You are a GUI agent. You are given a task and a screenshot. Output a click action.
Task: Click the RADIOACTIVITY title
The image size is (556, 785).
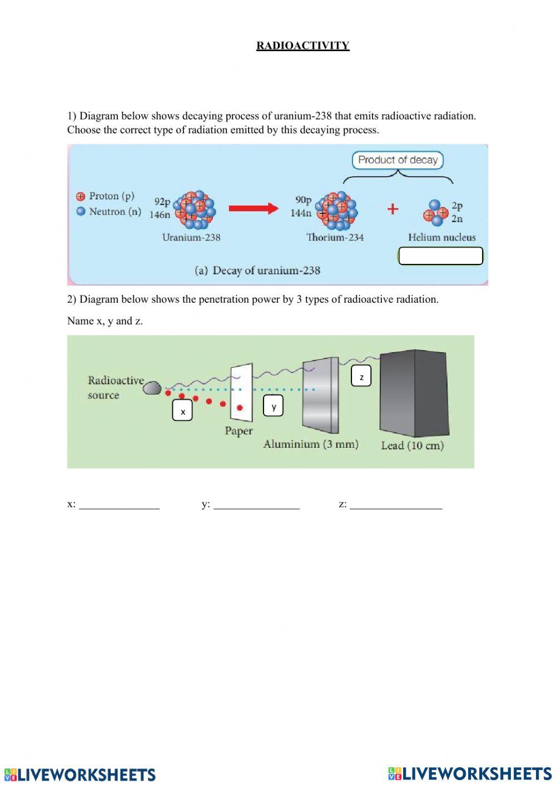tap(302, 46)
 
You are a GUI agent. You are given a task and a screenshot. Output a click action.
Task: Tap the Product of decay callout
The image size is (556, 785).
tap(398, 160)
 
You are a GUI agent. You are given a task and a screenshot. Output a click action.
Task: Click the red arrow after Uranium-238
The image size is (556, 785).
tap(253, 208)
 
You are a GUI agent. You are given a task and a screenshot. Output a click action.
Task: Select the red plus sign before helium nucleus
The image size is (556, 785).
tap(393, 209)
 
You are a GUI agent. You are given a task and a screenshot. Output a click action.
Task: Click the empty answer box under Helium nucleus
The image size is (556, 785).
tap(440, 256)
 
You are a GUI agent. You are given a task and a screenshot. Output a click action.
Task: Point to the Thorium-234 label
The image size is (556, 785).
tap(335, 237)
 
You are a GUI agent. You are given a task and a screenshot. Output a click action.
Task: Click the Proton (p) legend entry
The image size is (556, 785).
tap(106, 196)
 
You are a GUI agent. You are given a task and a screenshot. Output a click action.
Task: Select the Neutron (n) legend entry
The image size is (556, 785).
tap(109, 212)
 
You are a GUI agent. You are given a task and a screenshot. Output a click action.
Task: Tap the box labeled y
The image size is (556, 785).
tap(274, 406)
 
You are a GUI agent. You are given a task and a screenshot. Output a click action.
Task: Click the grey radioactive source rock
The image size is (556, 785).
tap(152, 387)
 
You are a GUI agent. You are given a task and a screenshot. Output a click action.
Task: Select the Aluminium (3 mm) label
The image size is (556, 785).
tap(310, 444)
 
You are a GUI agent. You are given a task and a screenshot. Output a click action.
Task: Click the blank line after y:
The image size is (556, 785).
tap(256, 505)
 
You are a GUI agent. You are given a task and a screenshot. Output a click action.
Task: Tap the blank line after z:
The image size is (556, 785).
tap(396, 505)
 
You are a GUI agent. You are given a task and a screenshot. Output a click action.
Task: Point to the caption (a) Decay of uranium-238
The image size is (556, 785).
tap(257, 271)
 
